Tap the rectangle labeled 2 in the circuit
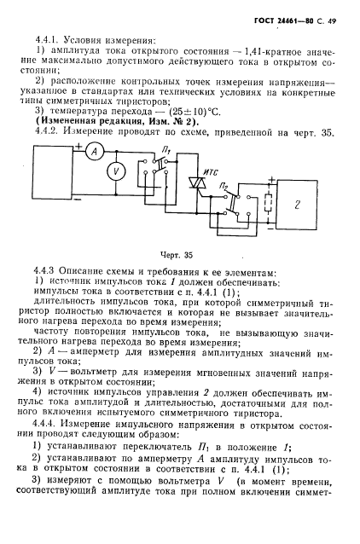[x=311, y=208]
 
